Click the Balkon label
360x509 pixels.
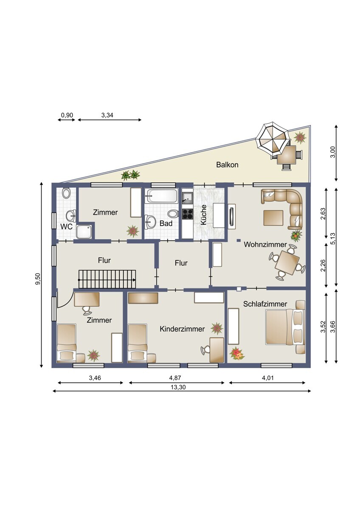(227, 165)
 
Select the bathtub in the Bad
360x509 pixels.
(162, 196)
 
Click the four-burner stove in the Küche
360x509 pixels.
(187, 214)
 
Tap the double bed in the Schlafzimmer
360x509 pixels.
(285, 327)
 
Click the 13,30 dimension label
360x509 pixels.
(178, 387)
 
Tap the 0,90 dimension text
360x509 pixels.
(67, 115)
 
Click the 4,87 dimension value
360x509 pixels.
(175, 378)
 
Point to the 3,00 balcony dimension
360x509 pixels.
(333, 152)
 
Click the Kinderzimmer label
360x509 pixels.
(182, 329)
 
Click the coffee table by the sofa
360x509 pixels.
(273, 218)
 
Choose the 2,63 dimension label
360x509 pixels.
(323, 214)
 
